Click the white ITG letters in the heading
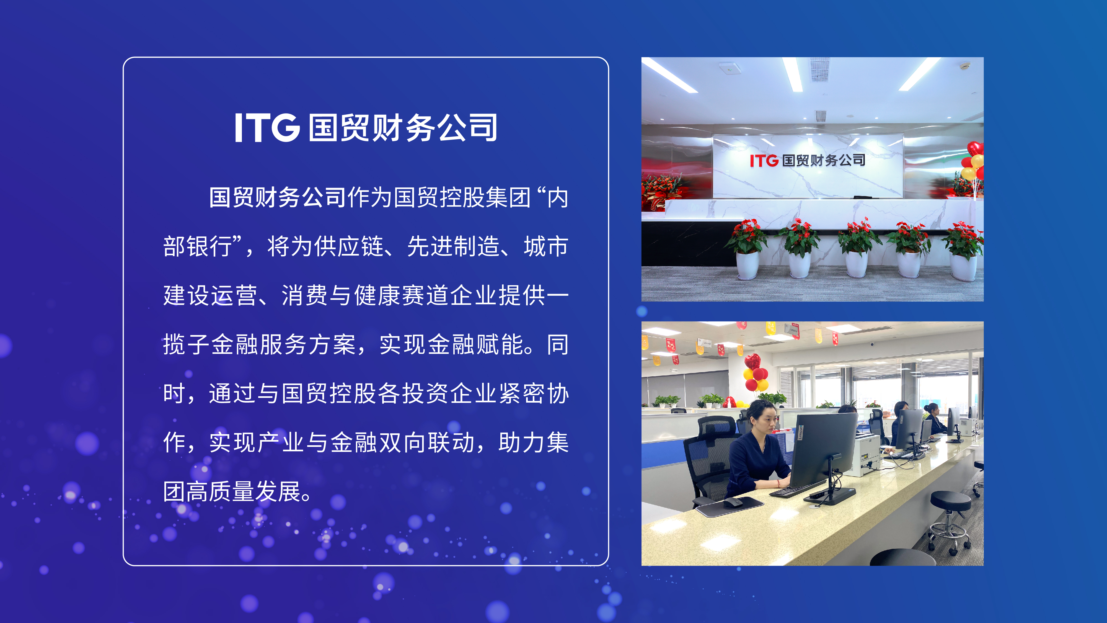[x=267, y=127]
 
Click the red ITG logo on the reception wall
[x=764, y=161]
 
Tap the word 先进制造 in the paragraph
[x=453, y=246]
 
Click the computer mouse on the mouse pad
[x=734, y=502]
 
